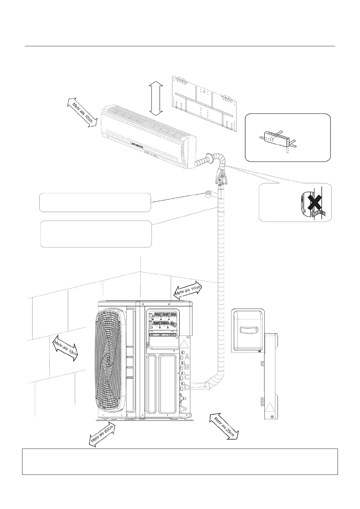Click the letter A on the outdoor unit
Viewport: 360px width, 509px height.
[x=187, y=357]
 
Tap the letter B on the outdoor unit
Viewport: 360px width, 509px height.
[x=187, y=367]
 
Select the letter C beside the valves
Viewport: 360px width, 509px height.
[x=187, y=377]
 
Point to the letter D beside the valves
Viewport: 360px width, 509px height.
[x=187, y=387]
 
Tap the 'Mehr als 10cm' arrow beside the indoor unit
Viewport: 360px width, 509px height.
[x=82, y=112]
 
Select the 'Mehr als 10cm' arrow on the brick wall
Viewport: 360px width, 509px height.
[x=66, y=348]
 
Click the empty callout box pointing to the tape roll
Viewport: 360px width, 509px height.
[x=95, y=202]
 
